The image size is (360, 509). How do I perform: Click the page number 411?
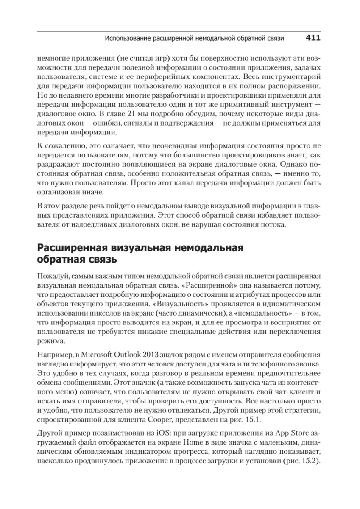click(313, 38)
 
